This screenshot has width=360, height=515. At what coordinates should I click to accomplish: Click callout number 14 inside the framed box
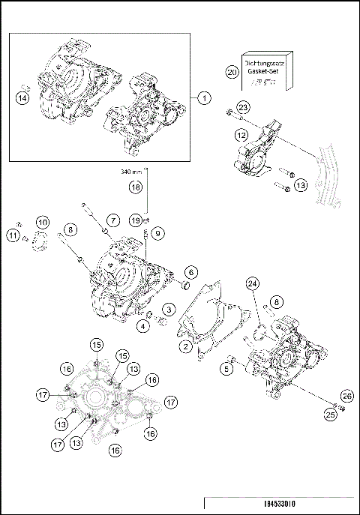tap(23, 97)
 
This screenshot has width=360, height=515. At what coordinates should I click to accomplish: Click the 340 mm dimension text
tap(131, 172)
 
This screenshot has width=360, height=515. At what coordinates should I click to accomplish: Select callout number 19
tap(135, 220)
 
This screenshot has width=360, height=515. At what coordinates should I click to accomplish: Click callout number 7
tap(112, 220)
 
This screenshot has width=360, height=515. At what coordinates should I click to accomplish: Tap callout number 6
tap(192, 271)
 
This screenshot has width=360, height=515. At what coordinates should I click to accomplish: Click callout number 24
tap(252, 283)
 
